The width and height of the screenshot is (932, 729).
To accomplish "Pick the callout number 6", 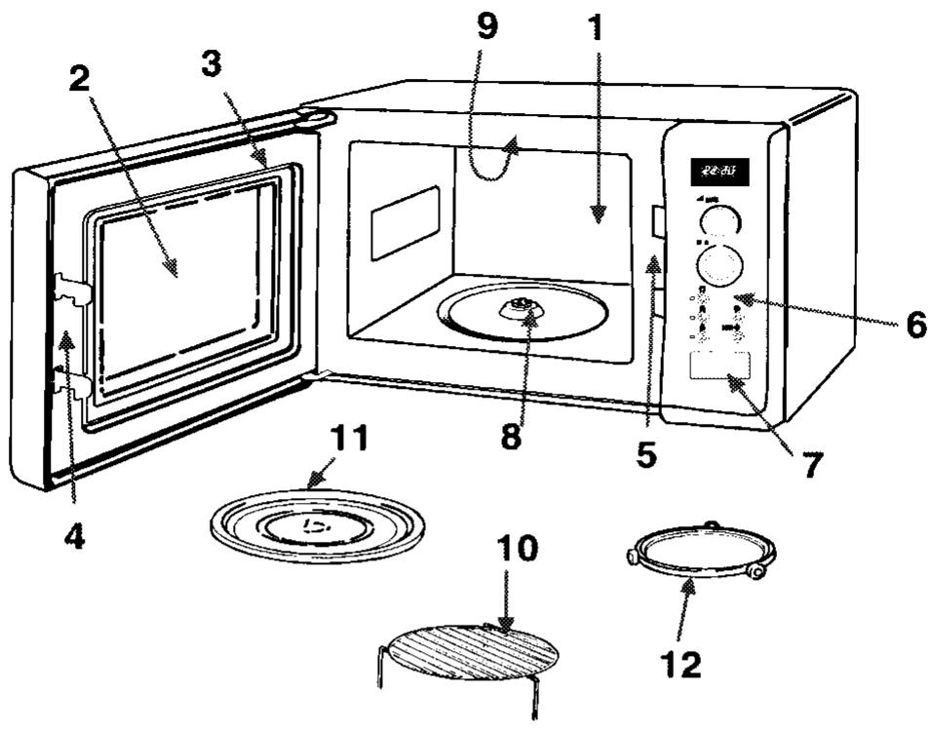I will tap(914, 325).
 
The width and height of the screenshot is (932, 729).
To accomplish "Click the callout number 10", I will tap(517, 551).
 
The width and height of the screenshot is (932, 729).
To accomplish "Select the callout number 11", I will tap(348, 439).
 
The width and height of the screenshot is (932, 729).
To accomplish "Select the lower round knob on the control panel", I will tap(719, 263).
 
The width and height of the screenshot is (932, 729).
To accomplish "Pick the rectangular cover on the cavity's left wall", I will tap(405, 222).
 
